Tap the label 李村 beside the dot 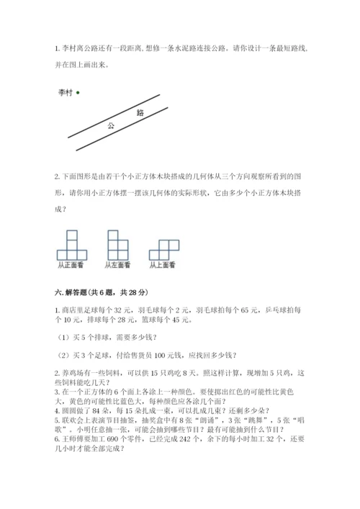[x=66, y=92]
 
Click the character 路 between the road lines [x=140, y=112]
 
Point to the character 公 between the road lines [x=112, y=125]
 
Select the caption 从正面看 [x=71, y=265]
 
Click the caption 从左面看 [x=117, y=265]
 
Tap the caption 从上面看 [x=163, y=265]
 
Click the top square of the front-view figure [x=71, y=235]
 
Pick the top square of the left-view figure [x=113, y=235]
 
